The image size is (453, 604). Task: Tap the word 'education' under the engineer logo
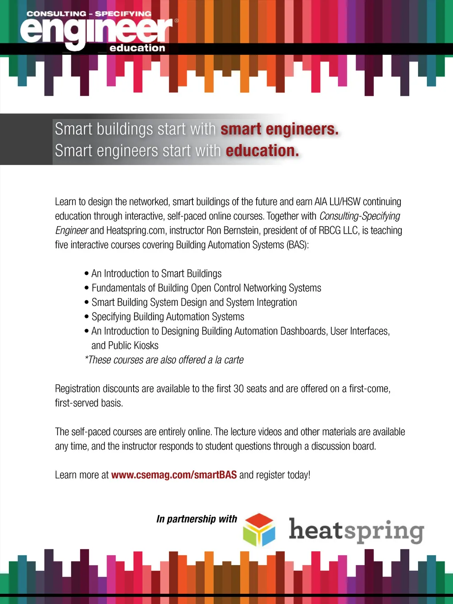point(137,48)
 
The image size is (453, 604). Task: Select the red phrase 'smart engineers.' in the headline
point(280,129)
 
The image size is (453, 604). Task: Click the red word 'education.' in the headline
point(262,151)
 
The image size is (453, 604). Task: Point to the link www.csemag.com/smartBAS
point(174,475)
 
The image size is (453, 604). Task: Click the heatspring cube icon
point(259,530)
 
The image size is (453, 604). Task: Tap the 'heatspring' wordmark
point(356,531)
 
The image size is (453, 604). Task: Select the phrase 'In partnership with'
point(196,519)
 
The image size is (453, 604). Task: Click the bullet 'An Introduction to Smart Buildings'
point(156,273)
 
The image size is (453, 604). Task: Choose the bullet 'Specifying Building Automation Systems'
point(168,317)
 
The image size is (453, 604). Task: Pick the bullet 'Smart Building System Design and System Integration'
point(194,302)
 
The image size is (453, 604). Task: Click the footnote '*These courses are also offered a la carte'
point(164,360)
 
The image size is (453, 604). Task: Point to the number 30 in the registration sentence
point(238,389)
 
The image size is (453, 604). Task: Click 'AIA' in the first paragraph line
point(321,202)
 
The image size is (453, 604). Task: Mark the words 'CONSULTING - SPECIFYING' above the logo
point(88,14)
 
